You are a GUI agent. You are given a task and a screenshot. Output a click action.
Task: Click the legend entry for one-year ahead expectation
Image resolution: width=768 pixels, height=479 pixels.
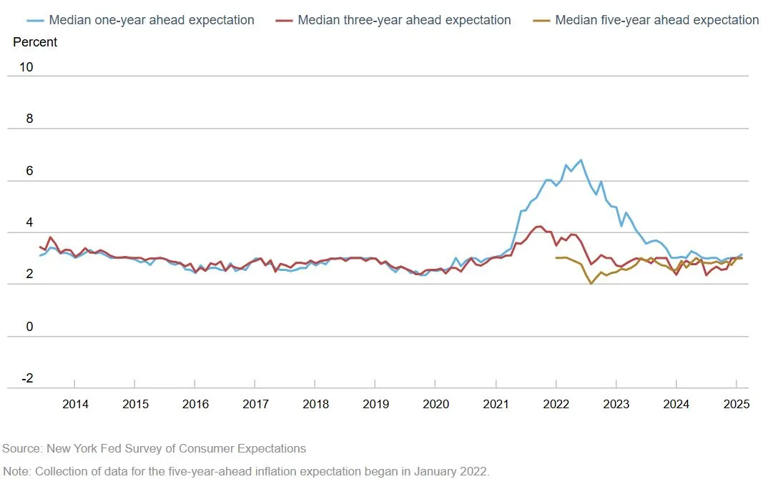coord(151,20)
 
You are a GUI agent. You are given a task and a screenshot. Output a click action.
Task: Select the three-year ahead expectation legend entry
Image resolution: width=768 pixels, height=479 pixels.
coord(404,20)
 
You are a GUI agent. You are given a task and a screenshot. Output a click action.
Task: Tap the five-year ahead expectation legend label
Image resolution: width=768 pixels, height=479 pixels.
coord(656,20)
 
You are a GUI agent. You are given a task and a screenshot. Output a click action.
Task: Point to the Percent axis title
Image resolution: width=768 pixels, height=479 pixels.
coord(35,42)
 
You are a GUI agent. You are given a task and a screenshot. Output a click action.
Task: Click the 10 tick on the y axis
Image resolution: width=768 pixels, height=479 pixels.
coord(26,67)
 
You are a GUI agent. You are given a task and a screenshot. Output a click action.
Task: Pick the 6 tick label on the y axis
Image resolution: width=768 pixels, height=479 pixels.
coord(29,171)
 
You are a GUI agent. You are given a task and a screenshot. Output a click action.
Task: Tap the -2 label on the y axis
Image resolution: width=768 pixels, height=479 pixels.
coord(26,378)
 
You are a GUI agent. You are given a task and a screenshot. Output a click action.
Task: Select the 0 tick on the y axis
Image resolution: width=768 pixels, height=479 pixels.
coord(29,327)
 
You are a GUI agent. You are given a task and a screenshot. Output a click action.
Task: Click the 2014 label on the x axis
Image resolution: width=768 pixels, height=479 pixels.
coord(75,404)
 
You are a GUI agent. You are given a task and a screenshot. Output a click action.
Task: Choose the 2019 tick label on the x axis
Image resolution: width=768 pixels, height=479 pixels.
coord(375,404)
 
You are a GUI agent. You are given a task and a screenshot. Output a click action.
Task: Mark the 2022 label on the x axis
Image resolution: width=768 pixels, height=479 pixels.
coord(556,404)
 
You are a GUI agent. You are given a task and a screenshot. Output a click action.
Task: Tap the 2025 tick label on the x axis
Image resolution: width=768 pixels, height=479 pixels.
coord(737,404)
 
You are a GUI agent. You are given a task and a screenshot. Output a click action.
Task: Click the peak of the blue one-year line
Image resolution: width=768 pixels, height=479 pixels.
coord(581,159)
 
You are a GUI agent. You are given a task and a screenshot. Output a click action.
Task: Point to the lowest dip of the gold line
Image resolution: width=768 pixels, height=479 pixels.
coord(591,284)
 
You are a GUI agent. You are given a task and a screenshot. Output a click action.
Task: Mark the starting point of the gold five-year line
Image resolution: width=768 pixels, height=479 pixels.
coord(556,258)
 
